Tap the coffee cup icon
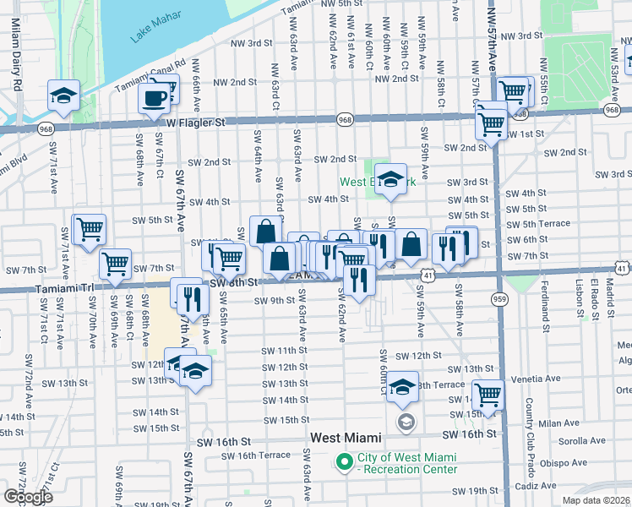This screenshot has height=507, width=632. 154,98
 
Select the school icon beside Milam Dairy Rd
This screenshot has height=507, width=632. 63,95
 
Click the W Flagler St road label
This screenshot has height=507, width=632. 195,123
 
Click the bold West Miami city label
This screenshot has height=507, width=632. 346,438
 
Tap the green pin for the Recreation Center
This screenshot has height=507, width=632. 344,462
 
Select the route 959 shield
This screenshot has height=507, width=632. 499,298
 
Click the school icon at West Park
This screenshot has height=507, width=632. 390,179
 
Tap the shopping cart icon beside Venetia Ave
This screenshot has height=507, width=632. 488,393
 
